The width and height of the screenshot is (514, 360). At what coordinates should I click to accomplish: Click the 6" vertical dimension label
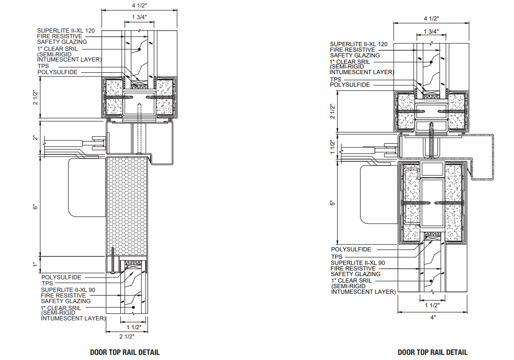(x=35, y=206)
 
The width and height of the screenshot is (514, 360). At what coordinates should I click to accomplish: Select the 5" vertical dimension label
(x=333, y=203)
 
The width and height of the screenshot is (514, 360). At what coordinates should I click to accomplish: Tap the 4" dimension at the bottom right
(x=433, y=318)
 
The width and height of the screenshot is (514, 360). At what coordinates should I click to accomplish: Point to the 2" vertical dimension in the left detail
(x=35, y=138)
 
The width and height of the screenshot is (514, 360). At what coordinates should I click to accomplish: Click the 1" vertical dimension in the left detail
(x=35, y=264)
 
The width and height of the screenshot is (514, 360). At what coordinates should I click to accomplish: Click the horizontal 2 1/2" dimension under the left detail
(x=126, y=336)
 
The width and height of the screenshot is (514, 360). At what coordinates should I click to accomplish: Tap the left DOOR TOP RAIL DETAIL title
(x=125, y=352)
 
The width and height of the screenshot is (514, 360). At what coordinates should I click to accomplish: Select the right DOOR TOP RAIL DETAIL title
(x=432, y=352)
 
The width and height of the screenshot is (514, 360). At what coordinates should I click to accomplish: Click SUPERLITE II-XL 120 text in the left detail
(x=66, y=31)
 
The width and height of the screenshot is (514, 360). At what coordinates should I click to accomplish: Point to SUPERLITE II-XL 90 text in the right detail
(x=358, y=263)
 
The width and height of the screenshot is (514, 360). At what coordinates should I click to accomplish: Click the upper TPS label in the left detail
(x=43, y=66)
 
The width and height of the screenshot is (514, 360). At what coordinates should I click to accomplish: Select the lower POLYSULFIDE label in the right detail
(x=351, y=249)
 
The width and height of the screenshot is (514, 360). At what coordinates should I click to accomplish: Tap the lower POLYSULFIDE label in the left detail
(x=61, y=277)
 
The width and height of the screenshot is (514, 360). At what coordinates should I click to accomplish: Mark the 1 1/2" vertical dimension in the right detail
(x=333, y=147)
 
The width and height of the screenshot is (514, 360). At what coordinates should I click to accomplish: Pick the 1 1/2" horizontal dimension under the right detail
(x=433, y=305)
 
